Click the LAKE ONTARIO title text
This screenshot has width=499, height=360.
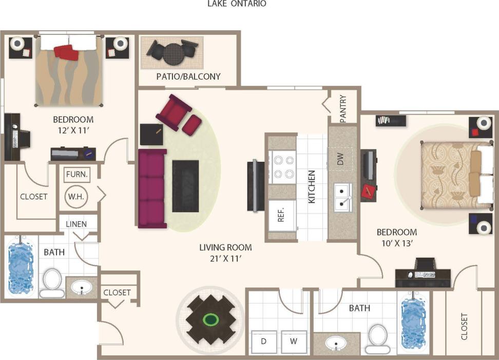[237, 4]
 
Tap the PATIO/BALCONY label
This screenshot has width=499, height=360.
[188, 77]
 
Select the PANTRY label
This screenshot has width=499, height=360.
[343, 107]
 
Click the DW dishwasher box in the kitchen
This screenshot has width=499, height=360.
[340, 160]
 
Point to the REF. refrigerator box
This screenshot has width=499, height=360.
[281, 215]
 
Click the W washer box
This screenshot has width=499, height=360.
[294, 340]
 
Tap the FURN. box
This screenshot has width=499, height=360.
[77, 175]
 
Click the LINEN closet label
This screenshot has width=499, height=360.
[76, 224]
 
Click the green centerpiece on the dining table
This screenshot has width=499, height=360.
[210, 320]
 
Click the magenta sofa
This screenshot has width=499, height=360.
[152, 188]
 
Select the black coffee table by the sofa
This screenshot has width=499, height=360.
[185, 185]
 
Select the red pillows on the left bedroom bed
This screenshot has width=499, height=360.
[66, 52]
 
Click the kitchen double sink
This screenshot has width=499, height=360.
[342, 197]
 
